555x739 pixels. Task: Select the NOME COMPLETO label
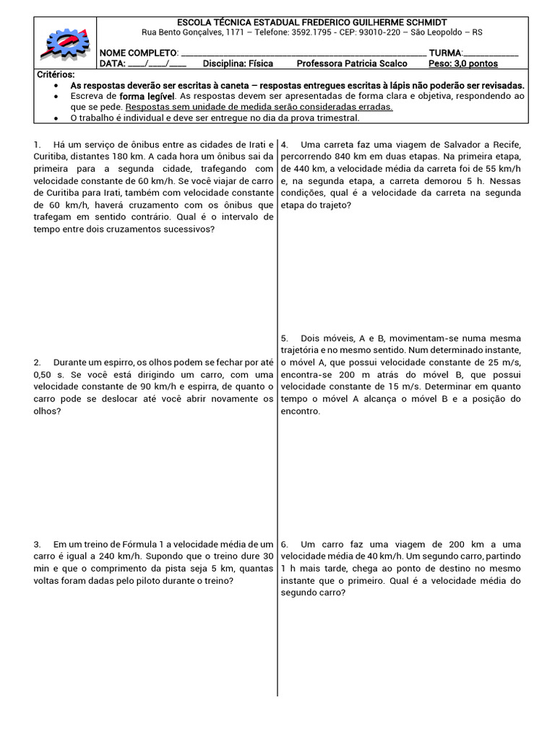click(137, 53)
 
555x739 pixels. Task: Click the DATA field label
click(112, 64)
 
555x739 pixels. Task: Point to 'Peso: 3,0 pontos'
click(463, 64)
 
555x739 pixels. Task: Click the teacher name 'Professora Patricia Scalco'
click(352, 64)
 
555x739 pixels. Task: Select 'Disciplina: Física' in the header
click(238, 64)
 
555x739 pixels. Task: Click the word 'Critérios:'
click(56, 74)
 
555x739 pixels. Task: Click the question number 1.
click(37, 144)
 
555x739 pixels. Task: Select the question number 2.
click(37, 362)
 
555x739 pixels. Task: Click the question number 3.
click(37, 544)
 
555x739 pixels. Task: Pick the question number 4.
click(284, 144)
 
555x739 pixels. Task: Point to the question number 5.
click(284, 338)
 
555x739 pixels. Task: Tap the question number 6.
click(284, 544)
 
